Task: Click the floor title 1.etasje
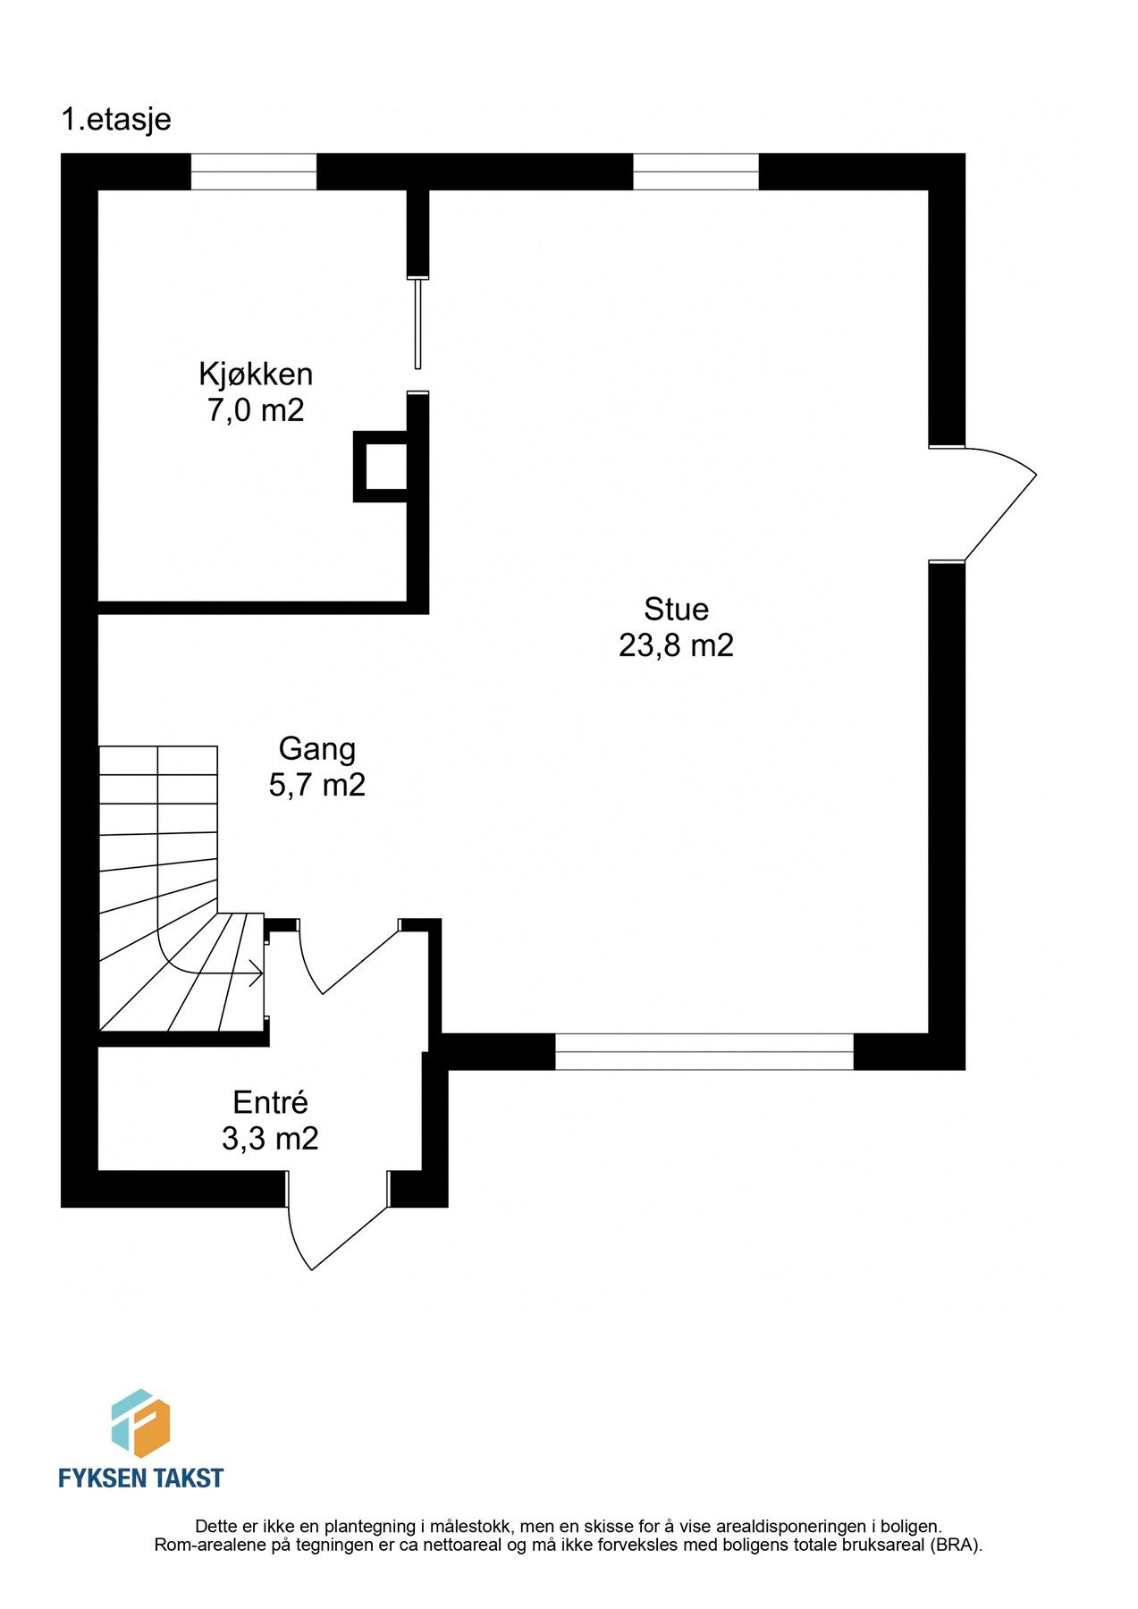(x=115, y=120)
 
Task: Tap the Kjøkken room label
(x=256, y=374)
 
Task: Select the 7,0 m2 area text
(x=256, y=411)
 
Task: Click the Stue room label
(x=676, y=610)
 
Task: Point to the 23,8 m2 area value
(x=676, y=645)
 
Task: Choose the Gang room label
(x=316, y=749)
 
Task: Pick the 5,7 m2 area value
(x=316, y=786)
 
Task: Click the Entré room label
(x=270, y=1102)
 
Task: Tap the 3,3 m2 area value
(x=270, y=1139)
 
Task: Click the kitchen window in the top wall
(x=254, y=172)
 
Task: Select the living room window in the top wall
(x=695, y=172)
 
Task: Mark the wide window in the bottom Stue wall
(x=704, y=1051)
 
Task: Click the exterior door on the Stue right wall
(x=983, y=503)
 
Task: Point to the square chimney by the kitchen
(x=382, y=466)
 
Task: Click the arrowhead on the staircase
(x=258, y=972)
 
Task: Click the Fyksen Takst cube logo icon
(x=140, y=1422)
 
